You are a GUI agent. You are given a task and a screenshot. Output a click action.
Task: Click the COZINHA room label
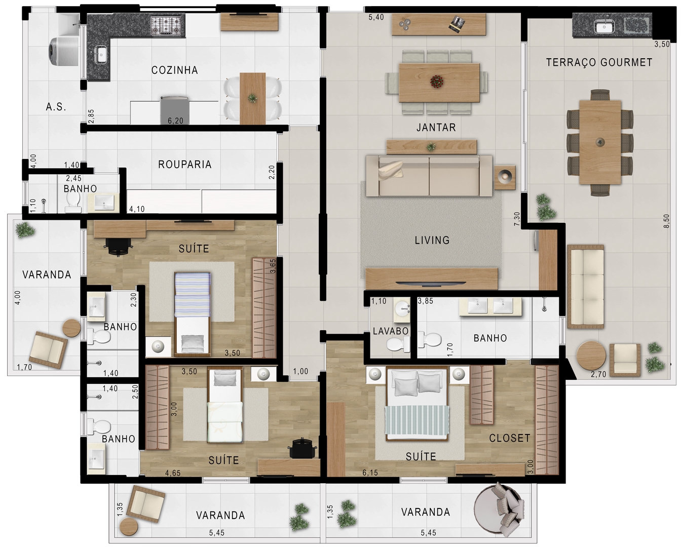(x=174, y=70)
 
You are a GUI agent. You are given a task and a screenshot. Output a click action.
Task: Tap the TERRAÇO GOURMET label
(x=599, y=62)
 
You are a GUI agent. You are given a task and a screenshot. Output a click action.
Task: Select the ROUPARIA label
(x=184, y=165)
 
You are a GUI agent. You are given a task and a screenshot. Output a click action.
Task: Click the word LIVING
(x=432, y=240)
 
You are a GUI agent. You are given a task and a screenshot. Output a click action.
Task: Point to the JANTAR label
(x=436, y=128)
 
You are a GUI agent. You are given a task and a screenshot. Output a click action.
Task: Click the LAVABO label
(x=390, y=331)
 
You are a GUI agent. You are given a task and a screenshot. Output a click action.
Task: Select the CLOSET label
(x=509, y=438)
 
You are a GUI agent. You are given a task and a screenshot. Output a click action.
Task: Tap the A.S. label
(x=56, y=107)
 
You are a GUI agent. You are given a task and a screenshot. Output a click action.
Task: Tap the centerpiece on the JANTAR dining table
(x=436, y=81)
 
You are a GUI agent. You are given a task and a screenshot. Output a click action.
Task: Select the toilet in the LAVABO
(x=397, y=344)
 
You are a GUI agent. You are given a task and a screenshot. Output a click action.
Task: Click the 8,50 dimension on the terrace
(x=666, y=221)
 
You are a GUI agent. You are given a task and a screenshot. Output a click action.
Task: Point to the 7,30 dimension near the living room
(x=517, y=219)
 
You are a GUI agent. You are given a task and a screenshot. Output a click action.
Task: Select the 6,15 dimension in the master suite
(x=370, y=473)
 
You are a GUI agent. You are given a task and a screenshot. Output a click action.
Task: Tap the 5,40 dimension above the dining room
(x=376, y=17)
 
